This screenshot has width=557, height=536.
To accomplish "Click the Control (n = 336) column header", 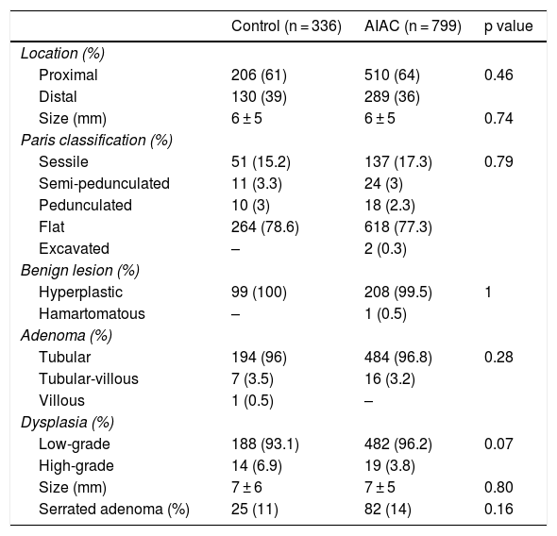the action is click(286, 26).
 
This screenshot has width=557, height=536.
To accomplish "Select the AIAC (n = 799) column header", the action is click(413, 26).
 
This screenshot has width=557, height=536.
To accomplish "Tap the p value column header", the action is click(508, 26).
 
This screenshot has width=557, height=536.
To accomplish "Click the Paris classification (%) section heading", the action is click(96, 141).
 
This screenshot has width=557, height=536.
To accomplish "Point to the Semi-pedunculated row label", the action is click(104, 184).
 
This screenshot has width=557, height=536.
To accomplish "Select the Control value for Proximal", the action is click(259, 75).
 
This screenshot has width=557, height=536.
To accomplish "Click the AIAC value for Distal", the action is click(392, 97).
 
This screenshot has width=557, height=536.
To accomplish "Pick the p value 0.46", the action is click(498, 75).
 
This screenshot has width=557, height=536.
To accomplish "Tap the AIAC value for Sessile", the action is click(398, 162).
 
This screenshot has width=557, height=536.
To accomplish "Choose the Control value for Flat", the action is click(265, 227).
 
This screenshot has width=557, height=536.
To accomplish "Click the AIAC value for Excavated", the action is click(385, 249).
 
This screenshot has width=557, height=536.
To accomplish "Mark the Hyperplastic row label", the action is click(80, 293).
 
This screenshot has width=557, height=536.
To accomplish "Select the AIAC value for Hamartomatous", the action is click(385, 314).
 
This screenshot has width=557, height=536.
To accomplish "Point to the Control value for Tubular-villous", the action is click(252, 379).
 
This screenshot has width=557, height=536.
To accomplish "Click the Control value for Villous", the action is click(252, 401).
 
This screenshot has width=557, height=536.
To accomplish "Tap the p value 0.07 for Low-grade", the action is click(498, 444).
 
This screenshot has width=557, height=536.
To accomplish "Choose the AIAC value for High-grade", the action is click(390, 466).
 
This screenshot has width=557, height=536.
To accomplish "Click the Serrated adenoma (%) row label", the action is click(114, 510).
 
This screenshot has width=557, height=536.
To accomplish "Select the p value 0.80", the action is click(498, 487).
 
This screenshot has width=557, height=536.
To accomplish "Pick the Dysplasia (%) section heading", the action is click(67, 423).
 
